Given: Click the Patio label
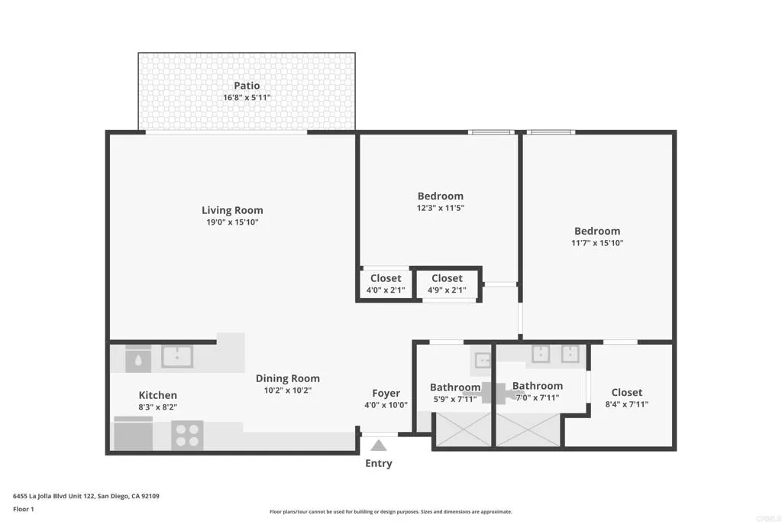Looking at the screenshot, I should coord(246,86).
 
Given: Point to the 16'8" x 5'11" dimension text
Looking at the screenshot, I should coord(246,98).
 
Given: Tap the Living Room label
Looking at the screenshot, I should coord(232,210).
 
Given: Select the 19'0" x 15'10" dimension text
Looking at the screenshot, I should coord(232,222).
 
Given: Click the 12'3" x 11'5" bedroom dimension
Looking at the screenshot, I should coord(440,208).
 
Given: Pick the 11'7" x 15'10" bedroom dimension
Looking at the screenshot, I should coord(597,243).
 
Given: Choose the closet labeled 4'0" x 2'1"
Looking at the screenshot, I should coord(386,284).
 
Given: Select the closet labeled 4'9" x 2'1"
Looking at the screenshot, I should coord(447,284).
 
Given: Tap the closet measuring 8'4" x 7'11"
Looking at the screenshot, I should coord(626,398).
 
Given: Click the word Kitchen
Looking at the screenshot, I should coord(157,395).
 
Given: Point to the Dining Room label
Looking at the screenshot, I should coord(287,378).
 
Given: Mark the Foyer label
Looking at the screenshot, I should coord(386,393).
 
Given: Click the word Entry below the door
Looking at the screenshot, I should coord(379,463).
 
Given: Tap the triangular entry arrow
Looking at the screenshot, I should coord(379,446).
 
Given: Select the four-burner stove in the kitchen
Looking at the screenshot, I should coord(187,435).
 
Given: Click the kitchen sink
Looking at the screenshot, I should coord(176,356).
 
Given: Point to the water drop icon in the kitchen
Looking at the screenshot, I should coord(138,358).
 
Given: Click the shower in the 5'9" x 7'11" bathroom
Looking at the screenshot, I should coord(462,430).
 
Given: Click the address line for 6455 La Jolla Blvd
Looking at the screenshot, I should coord(86,496).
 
